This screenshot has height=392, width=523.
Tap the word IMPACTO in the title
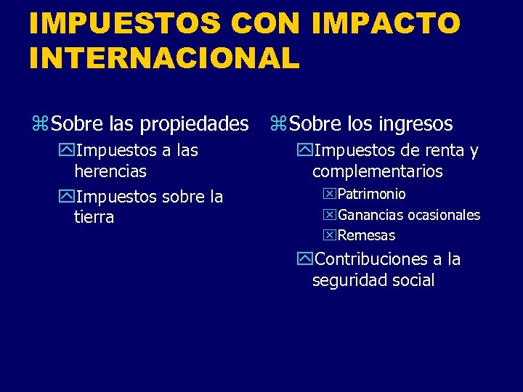click(x=386, y=23)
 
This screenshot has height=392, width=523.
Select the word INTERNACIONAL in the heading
click(x=164, y=57)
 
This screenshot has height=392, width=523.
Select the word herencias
click(x=110, y=171)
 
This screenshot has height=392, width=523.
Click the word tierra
click(x=94, y=217)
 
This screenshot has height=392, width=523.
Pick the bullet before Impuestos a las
click(x=67, y=151)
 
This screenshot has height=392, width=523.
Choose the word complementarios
click(x=377, y=171)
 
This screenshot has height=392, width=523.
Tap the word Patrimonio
click(x=372, y=195)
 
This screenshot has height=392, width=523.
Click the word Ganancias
click(x=371, y=215)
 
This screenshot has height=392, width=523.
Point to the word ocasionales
click(x=444, y=215)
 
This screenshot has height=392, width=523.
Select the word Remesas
click(x=367, y=235)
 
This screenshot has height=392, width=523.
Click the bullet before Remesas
click(x=331, y=235)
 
